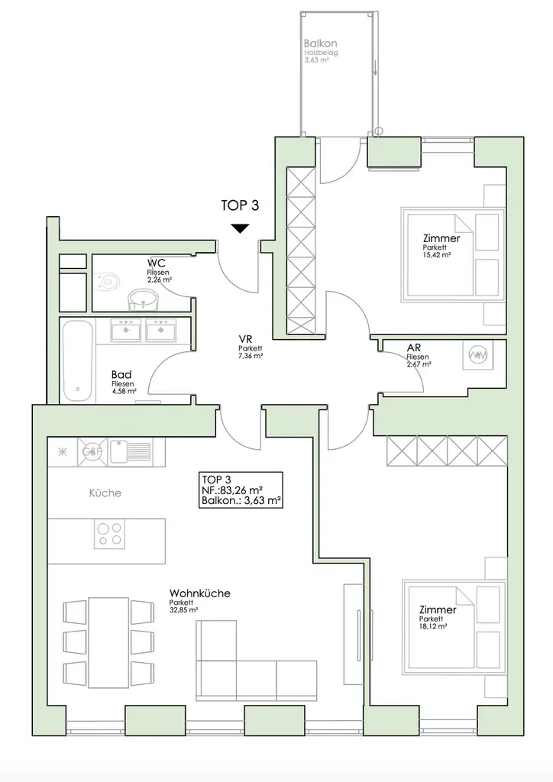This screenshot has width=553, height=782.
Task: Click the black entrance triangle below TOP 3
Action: click(x=241, y=228)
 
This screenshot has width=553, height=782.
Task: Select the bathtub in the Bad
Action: click(x=79, y=360)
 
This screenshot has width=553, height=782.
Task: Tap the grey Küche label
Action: click(x=105, y=493)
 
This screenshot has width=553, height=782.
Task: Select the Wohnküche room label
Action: click(x=200, y=593)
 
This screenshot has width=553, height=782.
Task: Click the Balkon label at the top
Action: click(x=316, y=44)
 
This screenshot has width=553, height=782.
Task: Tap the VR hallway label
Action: click(x=245, y=340)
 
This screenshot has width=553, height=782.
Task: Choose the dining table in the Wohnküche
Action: click(x=108, y=636)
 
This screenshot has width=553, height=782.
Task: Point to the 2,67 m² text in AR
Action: click(x=419, y=365)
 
